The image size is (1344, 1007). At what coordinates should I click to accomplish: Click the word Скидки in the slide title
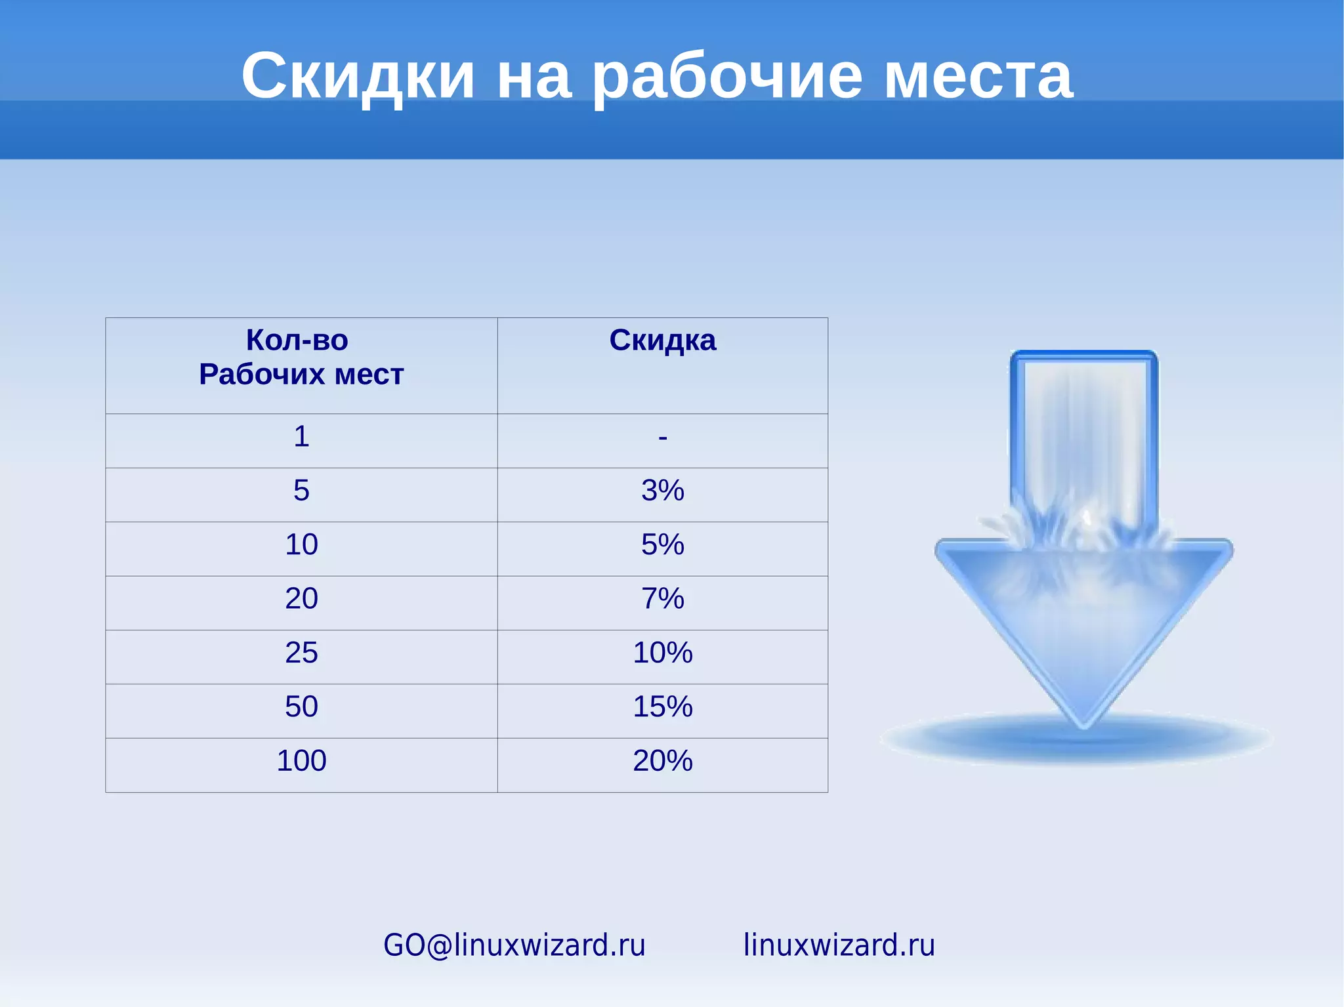[x=358, y=76]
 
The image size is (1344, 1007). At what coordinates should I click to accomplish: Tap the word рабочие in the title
[x=727, y=77]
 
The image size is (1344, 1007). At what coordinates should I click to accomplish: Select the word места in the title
[x=978, y=77]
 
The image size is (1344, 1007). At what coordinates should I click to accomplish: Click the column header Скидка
[x=662, y=340]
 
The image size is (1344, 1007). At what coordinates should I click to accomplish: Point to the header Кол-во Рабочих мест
[x=301, y=358]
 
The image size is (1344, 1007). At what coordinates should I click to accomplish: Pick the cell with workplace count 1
[x=301, y=437]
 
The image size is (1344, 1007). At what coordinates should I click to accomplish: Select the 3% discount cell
[x=663, y=491]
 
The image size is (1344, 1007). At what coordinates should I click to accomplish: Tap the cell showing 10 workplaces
[x=301, y=545]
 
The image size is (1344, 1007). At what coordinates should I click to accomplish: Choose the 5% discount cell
[x=663, y=545]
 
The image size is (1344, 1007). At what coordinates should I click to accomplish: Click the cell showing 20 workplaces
[x=301, y=599]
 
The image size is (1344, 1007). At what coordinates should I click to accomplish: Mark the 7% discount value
[x=663, y=599]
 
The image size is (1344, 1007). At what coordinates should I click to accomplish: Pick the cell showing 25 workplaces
[x=301, y=653]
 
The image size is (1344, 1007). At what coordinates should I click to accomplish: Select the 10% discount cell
[x=663, y=653]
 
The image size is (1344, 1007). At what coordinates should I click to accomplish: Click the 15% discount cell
[x=663, y=707]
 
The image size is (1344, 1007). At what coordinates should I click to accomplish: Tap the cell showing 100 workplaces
[x=301, y=761]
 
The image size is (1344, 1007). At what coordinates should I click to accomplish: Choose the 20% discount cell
[x=663, y=761]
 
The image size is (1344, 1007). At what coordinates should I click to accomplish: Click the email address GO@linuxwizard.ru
[x=514, y=945]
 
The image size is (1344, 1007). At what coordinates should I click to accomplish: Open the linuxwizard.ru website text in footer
[x=839, y=945]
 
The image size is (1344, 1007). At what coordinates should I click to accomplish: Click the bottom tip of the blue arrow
[x=1084, y=724]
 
